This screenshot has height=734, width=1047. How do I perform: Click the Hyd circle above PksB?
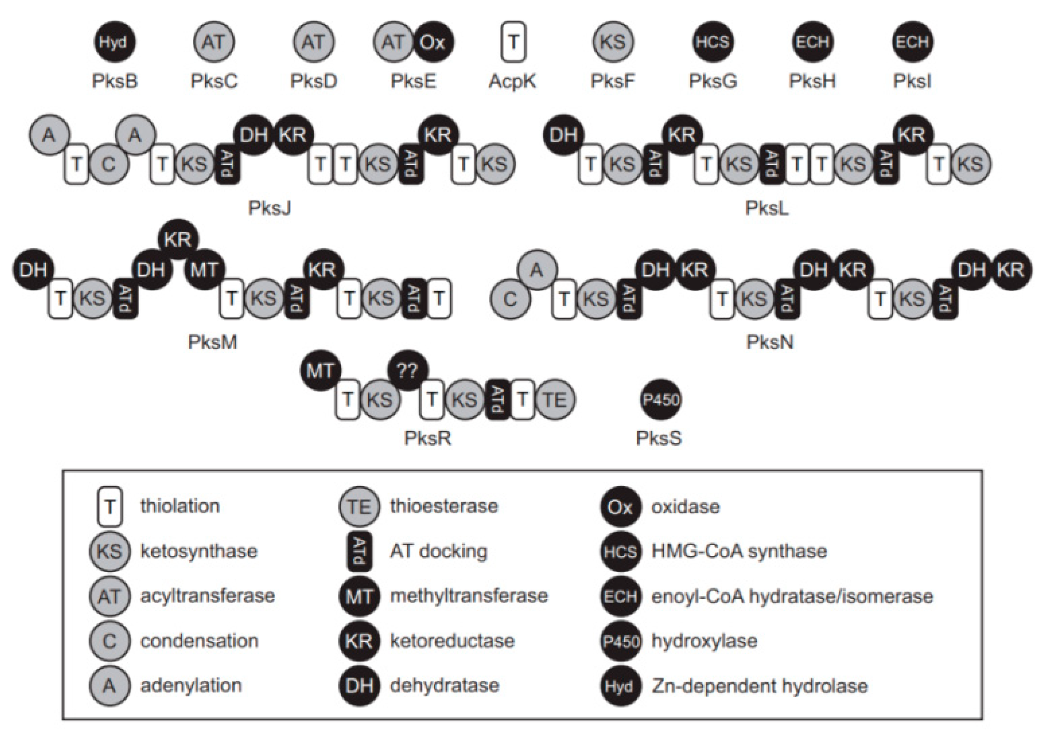point(114,42)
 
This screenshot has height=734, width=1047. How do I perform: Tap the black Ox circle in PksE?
point(433,42)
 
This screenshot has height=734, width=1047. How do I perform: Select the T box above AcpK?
point(513,42)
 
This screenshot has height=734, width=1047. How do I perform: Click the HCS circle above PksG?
point(712,42)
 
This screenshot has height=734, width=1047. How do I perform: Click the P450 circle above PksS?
point(661,399)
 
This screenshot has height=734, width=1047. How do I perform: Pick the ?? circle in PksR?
point(408,371)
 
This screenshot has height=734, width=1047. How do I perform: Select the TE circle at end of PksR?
point(555,399)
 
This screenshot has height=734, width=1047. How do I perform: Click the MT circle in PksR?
point(321,371)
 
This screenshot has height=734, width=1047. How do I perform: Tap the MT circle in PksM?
point(204,270)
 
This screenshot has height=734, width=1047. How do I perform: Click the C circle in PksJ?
point(109,164)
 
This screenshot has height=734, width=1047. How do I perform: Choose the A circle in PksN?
point(537,270)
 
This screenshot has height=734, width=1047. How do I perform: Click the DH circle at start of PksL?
point(564,135)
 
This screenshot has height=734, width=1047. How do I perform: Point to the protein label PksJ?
point(270,208)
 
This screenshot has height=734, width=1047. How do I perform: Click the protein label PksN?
point(770,342)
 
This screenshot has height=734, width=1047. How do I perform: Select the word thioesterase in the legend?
point(444,506)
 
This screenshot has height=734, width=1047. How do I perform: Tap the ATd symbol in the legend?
point(359,551)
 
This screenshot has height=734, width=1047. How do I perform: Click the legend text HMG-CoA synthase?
point(739,551)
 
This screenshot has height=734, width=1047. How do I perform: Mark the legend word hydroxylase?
point(704,641)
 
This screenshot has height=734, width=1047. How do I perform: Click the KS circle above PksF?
point(613,42)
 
